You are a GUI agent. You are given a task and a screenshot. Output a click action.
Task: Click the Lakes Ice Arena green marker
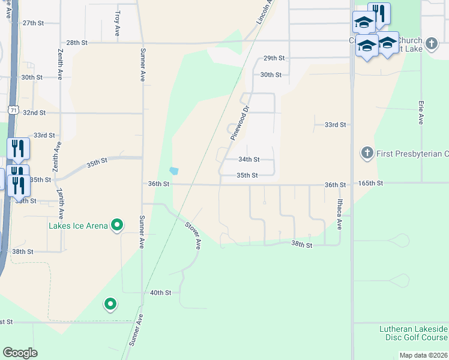pos(118,226)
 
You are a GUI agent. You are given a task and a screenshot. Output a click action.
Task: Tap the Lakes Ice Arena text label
pos(78,226)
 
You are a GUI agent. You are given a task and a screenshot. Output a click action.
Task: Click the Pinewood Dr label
pos(240,124)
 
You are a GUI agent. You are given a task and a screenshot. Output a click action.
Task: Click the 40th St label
pos(160,293)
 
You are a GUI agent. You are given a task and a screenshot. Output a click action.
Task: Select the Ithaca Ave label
pos(339,215)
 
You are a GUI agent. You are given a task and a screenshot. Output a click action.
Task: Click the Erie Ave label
pos(421,112)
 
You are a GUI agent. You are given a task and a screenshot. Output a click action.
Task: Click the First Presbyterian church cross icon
pos(367,154)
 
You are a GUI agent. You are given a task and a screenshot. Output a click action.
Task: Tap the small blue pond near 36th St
pos(174,170)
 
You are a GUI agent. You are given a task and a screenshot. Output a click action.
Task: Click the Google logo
pos(20,353)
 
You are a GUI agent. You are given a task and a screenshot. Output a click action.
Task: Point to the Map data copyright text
pos(423,355)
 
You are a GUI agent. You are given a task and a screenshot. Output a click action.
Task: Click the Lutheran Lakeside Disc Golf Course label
pos(414,333)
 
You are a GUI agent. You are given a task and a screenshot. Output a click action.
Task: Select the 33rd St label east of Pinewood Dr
pos(335,125)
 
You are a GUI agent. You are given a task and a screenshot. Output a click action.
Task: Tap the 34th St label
pos(249,160)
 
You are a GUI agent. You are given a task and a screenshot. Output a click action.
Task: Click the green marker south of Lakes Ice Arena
pos(110,305)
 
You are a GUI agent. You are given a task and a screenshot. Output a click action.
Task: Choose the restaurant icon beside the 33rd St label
pos(18,148)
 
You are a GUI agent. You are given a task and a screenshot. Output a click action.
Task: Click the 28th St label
pos(77,43)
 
